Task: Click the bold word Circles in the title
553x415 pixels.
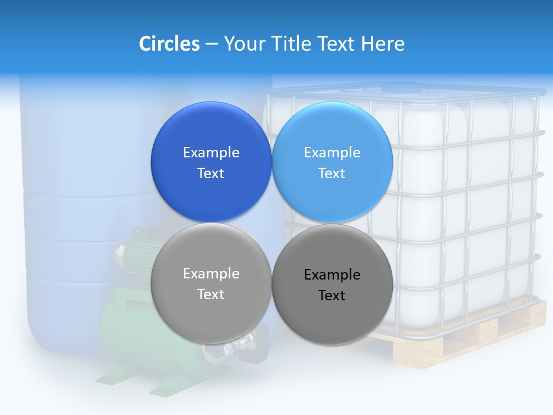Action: (169, 44)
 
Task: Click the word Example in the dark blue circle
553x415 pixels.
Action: (211, 152)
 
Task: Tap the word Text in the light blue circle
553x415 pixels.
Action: (332, 173)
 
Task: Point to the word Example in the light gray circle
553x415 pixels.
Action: (211, 273)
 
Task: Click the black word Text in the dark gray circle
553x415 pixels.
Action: (332, 295)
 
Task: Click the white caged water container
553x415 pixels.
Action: (467, 202)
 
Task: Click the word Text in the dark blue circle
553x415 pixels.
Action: (211, 173)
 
